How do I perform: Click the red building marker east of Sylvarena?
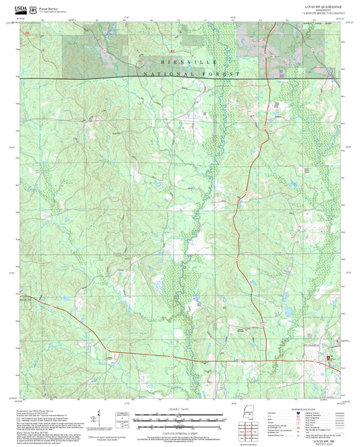pyautogui.click(x=330, y=359)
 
